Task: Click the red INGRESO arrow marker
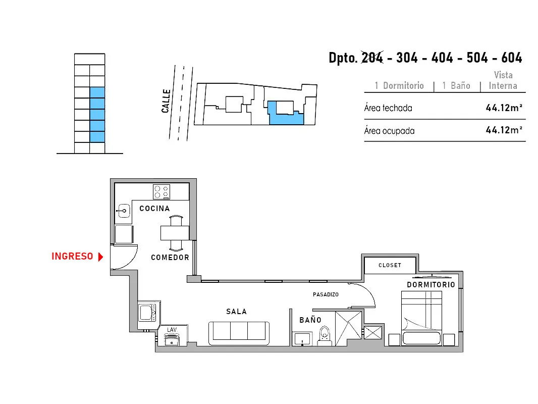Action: (100, 257)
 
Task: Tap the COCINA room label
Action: (154, 209)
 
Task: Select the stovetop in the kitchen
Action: (162, 192)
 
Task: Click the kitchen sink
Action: (124, 211)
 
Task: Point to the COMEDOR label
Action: (170, 258)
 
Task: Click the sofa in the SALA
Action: (239, 333)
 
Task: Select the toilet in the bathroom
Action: (325, 335)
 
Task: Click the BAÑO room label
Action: (310, 320)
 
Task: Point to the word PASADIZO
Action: (326, 294)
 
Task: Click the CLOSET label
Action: (390, 265)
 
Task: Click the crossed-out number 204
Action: (372, 58)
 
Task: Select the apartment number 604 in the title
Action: (512, 58)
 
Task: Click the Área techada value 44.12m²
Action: (504, 108)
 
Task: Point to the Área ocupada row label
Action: (390, 131)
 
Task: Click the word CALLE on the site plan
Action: (166, 101)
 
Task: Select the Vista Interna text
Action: (503, 80)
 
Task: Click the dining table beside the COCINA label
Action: (175, 233)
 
